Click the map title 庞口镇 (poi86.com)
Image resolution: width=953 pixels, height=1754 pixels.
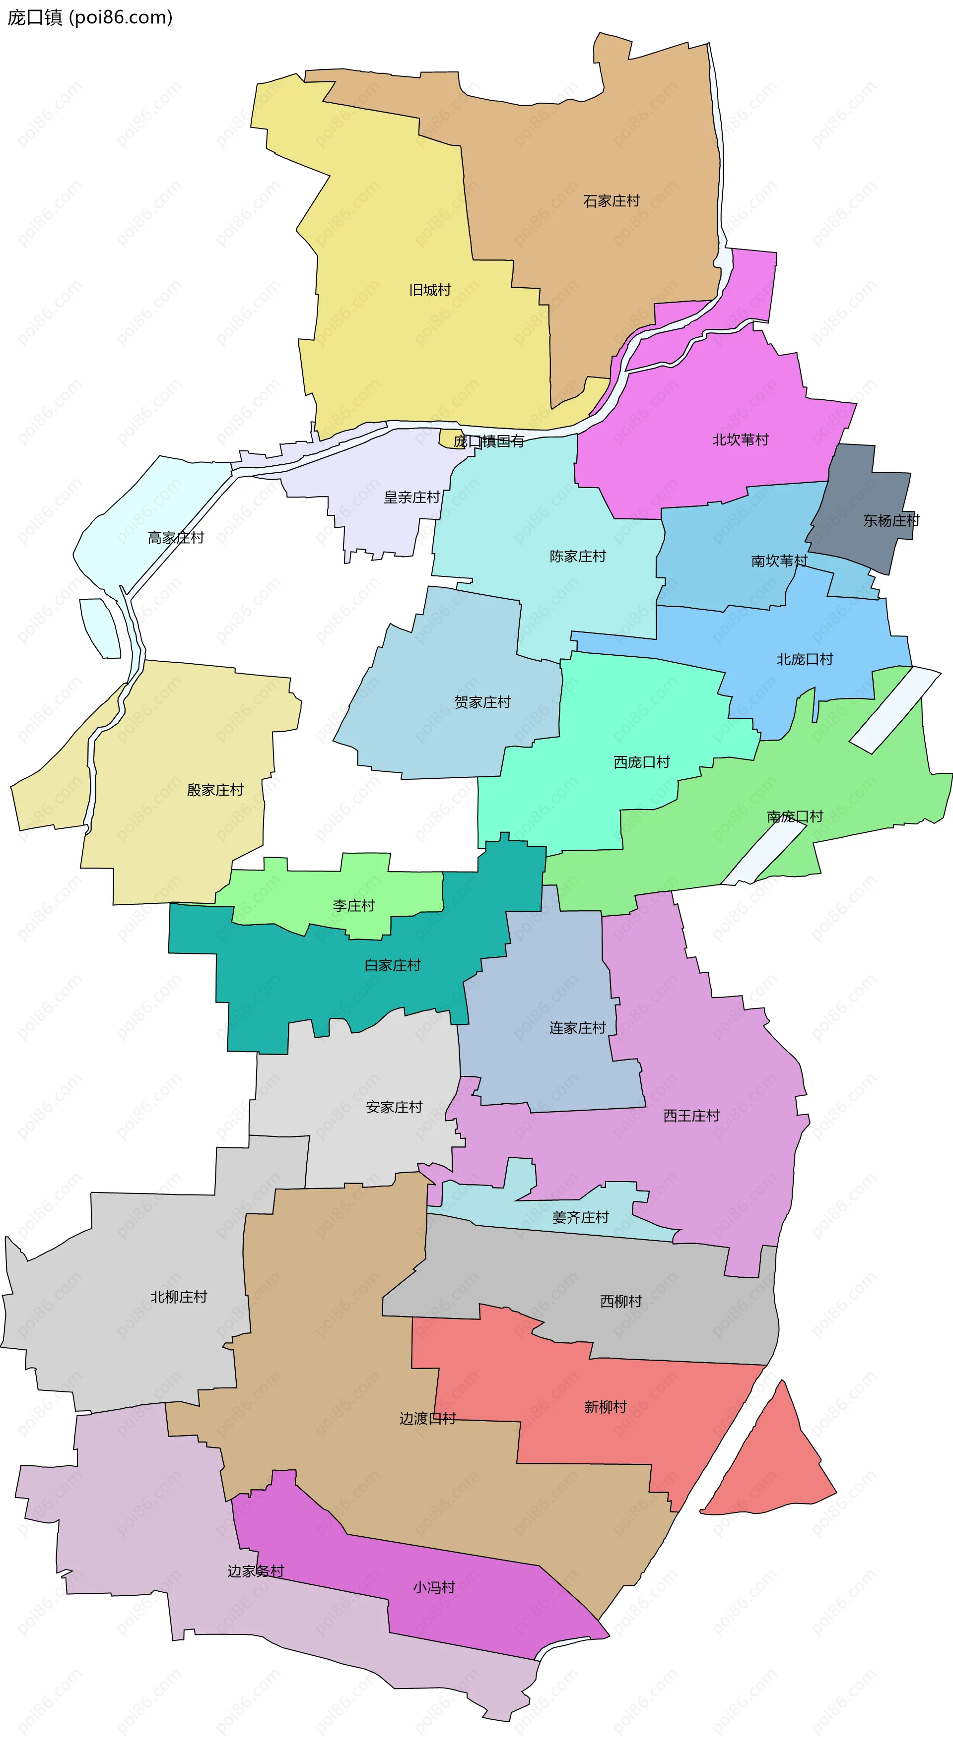[89, 17]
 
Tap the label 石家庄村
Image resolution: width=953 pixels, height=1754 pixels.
[611, 201]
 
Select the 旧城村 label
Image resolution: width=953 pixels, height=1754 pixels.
[430, 290]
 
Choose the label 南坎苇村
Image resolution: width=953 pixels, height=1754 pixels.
[779, 561]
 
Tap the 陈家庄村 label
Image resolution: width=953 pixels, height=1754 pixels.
[578, 556]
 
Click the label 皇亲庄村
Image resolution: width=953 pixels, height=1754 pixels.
[411, 497]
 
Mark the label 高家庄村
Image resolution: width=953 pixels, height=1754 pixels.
[176, 537]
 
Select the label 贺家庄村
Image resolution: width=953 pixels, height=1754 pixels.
[482, 702]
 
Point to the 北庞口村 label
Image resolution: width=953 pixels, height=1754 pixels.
[805, 659]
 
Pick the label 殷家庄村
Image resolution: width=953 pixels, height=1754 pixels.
[215, 790]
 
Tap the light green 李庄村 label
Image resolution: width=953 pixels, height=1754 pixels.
[353, 906]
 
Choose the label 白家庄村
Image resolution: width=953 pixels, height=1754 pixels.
[393, 965]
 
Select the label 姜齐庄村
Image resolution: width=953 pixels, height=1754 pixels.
[580, 1217]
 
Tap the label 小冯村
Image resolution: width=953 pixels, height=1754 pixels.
[433, 1587]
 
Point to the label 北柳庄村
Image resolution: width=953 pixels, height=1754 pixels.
[179, 1297]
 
